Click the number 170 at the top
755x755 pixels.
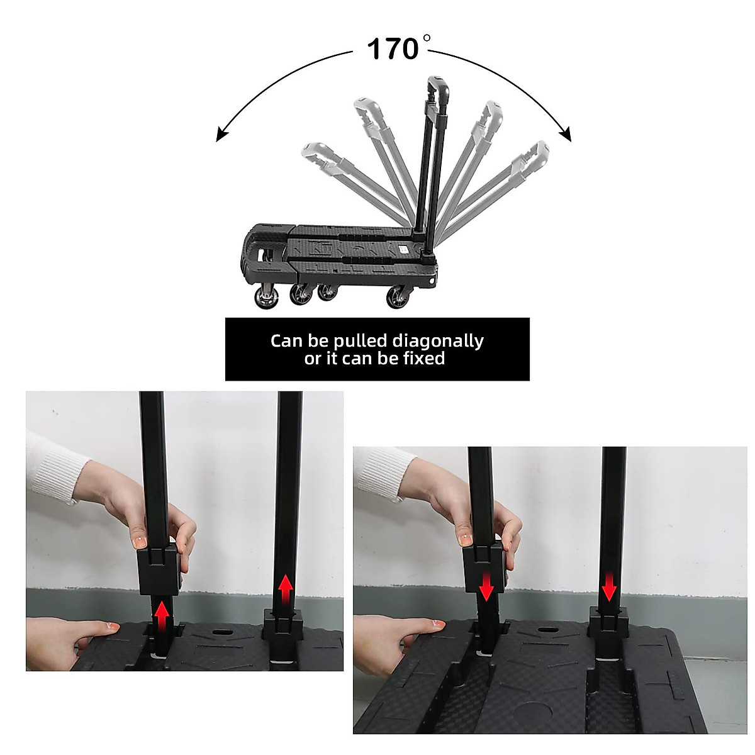click(393, 48)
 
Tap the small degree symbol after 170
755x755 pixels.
click(427, 38)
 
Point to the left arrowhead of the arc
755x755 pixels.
click(221, 135)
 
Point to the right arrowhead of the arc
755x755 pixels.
click(566, 135)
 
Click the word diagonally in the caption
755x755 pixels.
click(438, 342)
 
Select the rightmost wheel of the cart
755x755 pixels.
click(398, 298)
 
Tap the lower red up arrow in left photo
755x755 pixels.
click(162, 617)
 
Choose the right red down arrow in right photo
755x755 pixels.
click(609, 586)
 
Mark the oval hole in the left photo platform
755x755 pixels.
click(221, 633)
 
